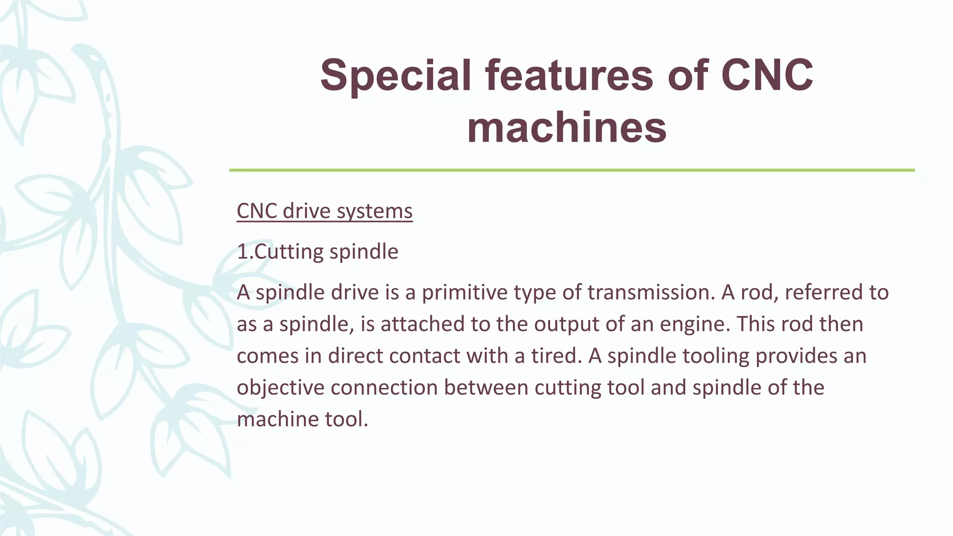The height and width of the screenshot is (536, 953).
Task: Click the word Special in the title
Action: pyautogui.click(x=396, y=75)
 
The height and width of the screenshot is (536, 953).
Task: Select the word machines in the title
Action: pyautogui.click(x=567, y=128)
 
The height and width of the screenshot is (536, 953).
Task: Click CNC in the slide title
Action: pyautogui.click(x=767, y=75)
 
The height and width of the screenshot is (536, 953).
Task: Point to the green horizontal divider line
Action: pyautogui.click(x=571, y=170)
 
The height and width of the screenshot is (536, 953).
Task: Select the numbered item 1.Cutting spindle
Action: pyautogui.click(x=317, y=252)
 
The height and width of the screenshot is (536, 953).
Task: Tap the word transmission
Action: pyautogui.click(x=651, y=293)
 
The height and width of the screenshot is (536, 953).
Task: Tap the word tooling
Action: pyautogui.click(x=715, y=356)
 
